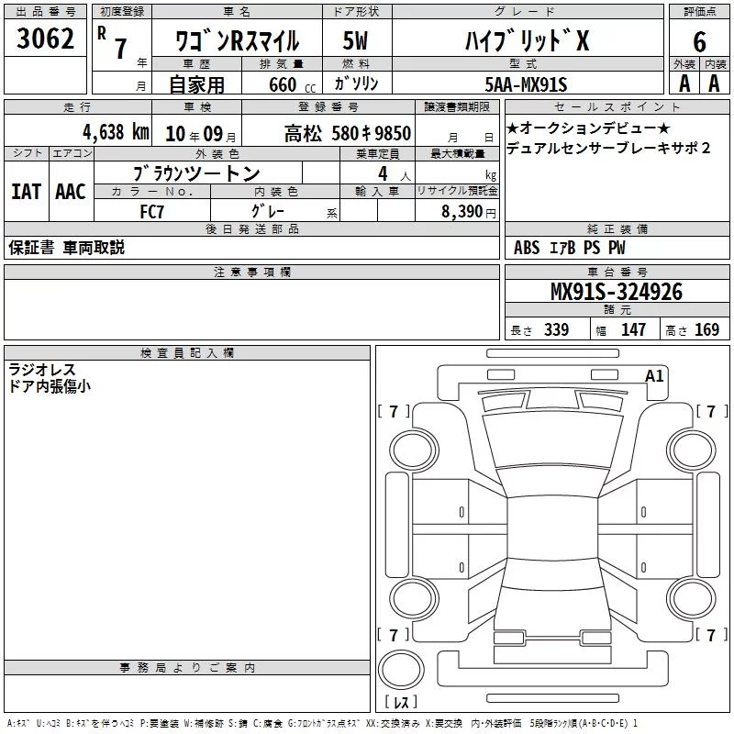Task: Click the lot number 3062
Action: pyautogui.click(x=45, y=39)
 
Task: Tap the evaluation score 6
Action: pyautogui.click(x=699, y=42)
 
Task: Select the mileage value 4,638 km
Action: pyautogui.click(x=117, y=132)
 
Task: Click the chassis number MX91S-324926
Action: pyautogui.click(x=617, y=292)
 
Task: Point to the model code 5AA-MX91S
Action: pyautogui.click(x=526, y=84)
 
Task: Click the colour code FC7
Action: pyautogui.click(x=152, y=212)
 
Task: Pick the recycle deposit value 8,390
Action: pyautogui.click(x=462, y=212)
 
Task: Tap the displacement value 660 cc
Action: pyautogui.click(x=292, y=84)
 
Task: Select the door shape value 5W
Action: pyautogui.click(x=355, y=40)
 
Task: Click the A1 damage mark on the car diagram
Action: pyautogui.click(x=654, y=376)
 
